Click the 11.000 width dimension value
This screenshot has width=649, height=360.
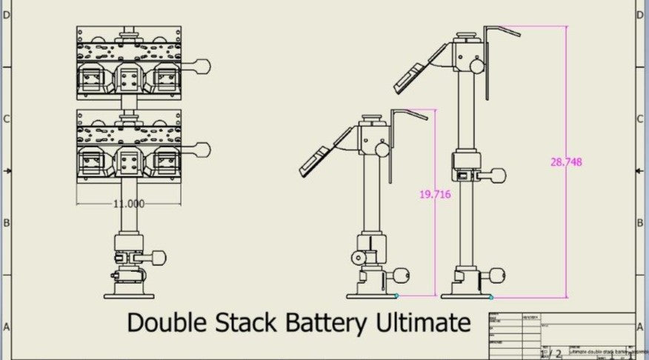tap(130, 204)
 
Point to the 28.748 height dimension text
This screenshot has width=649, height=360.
tap(565, 163)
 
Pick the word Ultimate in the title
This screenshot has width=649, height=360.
tap(429, 323)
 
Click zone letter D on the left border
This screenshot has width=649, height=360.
tap(6, 16)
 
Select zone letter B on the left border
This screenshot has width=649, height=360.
tap(6, 222)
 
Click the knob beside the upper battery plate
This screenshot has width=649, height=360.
tap(204, 66)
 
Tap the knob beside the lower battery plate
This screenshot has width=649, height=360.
tap(204, 150)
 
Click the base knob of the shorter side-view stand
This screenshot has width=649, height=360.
tap(402, 276)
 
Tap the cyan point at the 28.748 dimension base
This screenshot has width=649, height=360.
tap(491, 297)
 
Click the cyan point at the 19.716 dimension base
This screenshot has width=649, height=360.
tap(397, 296)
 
